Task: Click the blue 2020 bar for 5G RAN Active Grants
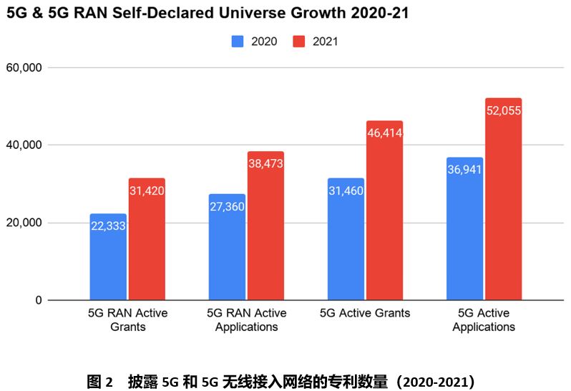(108, 257)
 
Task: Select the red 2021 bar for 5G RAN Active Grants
(147, 239)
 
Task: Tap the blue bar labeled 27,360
(227, 247)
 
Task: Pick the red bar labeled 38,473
(266, 226)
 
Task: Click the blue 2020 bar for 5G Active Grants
(346, 239)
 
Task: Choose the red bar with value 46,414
(385, 211)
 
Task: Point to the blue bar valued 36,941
(464, 228)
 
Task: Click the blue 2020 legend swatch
(238, 42)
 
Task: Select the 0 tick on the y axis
(39, 300)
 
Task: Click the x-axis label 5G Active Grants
(365, 314)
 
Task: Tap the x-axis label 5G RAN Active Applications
(246, 320)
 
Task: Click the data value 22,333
(108, 226)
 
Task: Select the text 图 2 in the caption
(99, 381)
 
